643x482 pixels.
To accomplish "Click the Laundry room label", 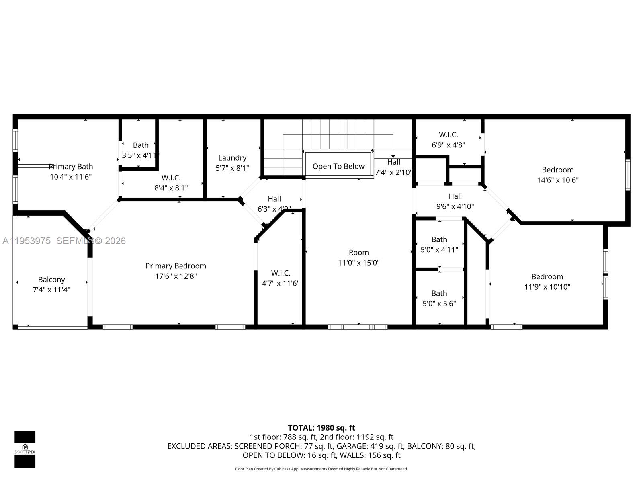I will (232, 158).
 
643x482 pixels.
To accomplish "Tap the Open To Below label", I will (338, 166).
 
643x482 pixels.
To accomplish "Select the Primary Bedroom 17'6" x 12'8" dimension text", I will (176, 276).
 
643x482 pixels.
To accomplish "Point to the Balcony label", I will (51, 280).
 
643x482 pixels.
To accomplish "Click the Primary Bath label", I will (71, 166).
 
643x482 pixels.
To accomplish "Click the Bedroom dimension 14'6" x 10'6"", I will (557, 180).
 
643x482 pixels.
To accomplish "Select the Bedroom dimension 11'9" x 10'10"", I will (547, 287).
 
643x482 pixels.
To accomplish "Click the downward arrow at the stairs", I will (393, 155).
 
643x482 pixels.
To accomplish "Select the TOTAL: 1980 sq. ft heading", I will (321, 428).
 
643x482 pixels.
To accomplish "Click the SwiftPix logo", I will (25, 449).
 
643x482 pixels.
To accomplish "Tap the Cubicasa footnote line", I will (321, 469).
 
